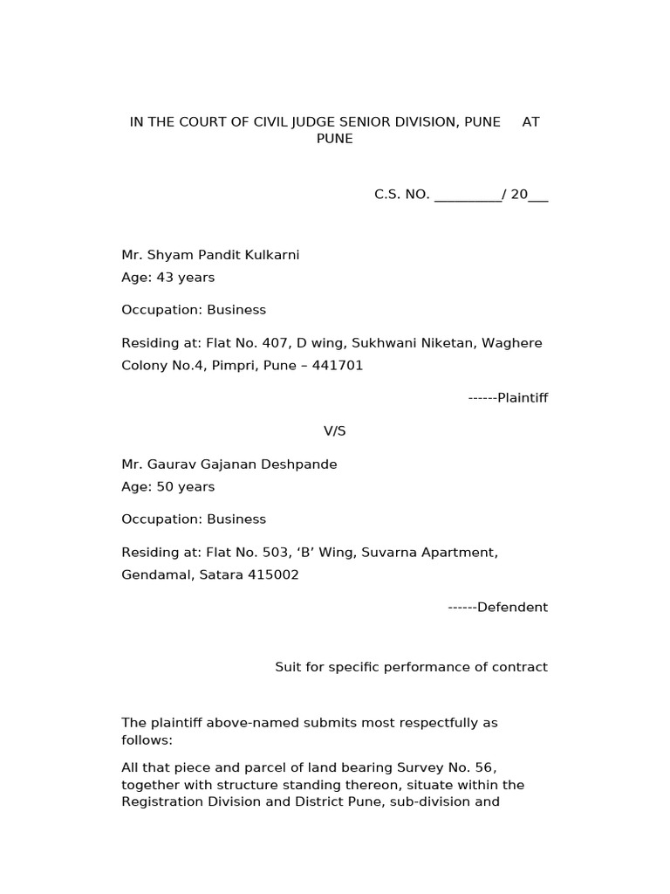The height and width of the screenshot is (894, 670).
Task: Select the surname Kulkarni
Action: (270, 255)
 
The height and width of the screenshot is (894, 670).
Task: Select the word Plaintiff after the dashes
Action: (523, 398)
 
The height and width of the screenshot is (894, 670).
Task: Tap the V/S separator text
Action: (335, 431)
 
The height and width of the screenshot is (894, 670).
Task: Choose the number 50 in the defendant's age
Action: (165, 487)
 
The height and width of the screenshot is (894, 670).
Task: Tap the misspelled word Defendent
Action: (512, 608)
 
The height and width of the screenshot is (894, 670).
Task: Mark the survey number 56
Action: (485, 768)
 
